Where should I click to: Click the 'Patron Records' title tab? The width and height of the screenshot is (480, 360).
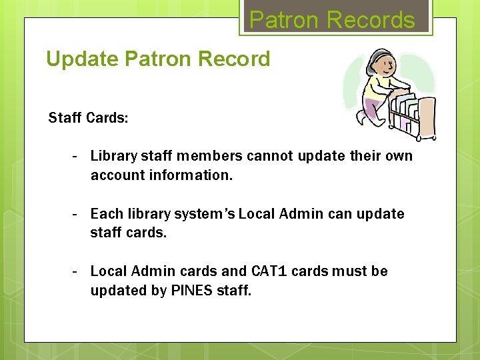click(332, 19)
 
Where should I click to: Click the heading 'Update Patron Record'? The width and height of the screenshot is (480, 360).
click(158, 59)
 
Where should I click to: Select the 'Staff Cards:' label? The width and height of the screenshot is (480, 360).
click(88, 118)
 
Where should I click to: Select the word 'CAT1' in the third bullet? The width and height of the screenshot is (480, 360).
click(269, 271)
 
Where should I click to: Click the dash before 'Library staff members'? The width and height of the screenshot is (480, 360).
click(76, 156)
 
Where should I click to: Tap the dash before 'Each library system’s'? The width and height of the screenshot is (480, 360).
click(76, 214)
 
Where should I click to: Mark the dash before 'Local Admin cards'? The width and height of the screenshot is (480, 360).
click(76, 271)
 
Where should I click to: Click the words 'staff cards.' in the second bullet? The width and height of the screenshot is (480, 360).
click(129, 233)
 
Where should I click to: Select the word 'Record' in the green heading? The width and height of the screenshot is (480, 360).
click(233, 59)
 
